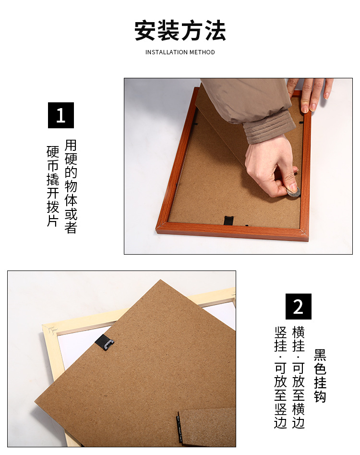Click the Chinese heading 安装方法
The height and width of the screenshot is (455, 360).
coord(180,31)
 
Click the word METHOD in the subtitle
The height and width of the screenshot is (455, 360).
coord(202,52)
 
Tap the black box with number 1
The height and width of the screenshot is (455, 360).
coord(61,115)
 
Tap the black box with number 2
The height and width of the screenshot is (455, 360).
coord(298,307)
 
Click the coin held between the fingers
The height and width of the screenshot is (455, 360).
coord(293,192)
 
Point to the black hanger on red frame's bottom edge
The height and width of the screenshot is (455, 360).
coord(229,221)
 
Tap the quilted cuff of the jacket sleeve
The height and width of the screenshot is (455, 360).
coord(269,126)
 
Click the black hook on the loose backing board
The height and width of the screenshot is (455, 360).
coord(105,343)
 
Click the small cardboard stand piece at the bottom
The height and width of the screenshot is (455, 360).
coord(206,427)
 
